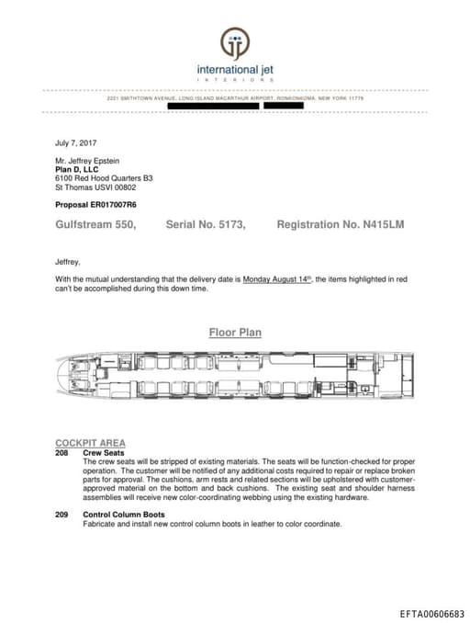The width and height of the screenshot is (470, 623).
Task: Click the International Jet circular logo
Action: (x=234, y=42)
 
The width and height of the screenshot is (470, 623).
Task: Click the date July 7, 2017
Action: (x=76, y=142)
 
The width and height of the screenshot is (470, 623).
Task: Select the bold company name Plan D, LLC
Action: (x=76, y=169)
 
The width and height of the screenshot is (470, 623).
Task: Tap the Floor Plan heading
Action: (x=235, y=333)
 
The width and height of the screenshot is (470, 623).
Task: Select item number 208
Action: (x=62, y=453)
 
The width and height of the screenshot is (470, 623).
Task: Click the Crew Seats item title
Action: (x=104, y=453)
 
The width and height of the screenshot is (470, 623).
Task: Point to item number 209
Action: (x=62, y=515)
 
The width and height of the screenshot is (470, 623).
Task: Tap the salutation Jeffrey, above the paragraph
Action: (x=68, y=262)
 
